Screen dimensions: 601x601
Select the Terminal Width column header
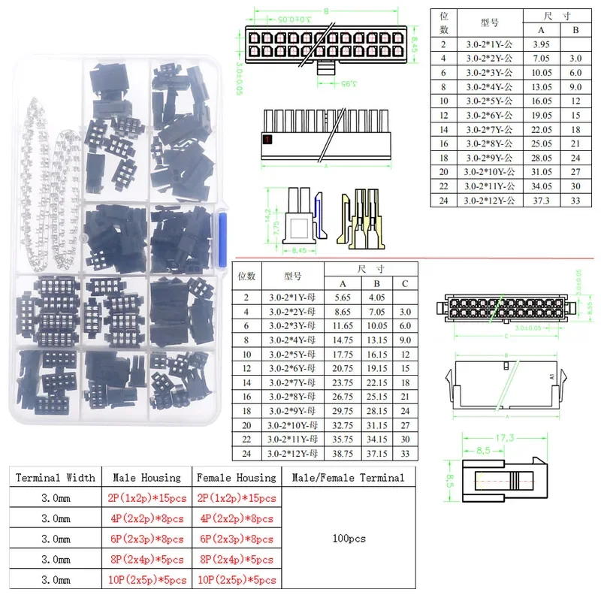[x=55, y=477]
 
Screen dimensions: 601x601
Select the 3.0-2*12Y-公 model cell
[x=489, y=200]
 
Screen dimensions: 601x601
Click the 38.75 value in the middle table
[x=343, y=453]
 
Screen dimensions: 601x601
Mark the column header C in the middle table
[x=404, y=283]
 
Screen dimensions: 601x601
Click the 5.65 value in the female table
[x=343, y=297]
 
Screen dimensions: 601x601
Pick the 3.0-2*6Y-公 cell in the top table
[x=489, y=116]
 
